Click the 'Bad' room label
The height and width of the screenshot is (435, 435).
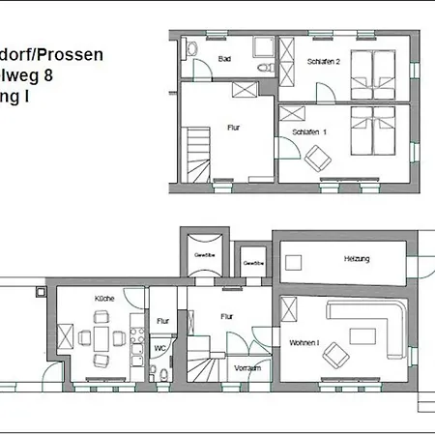225,60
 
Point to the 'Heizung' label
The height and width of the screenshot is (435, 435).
357,260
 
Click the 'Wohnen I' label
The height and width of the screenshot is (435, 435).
304,343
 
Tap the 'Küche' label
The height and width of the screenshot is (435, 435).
104,299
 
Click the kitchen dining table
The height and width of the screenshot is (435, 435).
101,338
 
